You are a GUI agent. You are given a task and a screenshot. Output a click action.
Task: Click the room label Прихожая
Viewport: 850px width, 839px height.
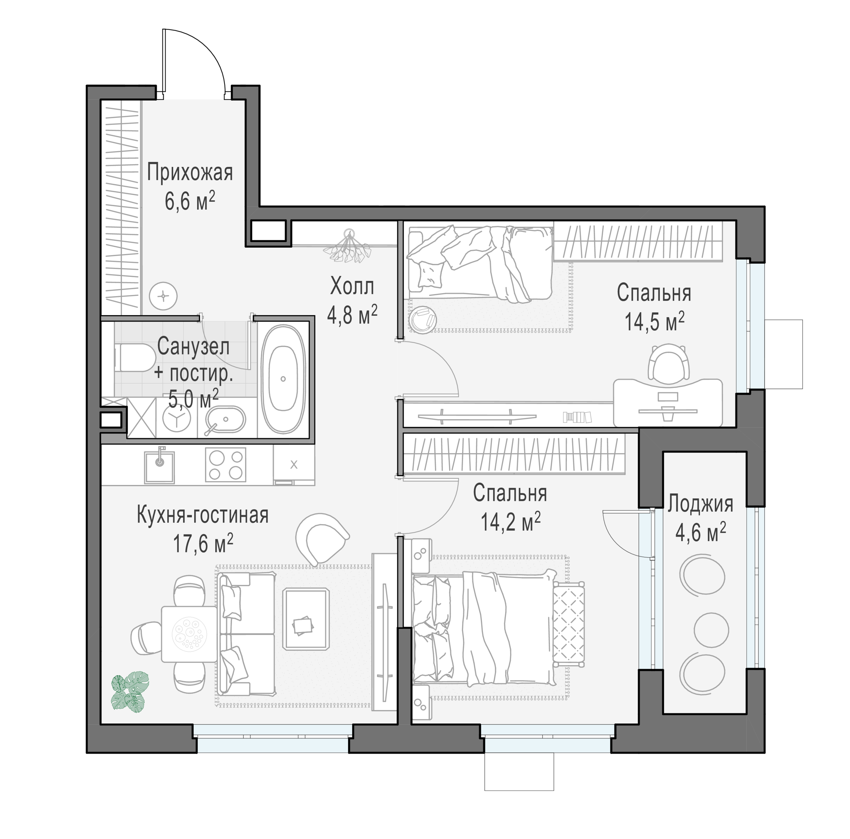click(190, 172)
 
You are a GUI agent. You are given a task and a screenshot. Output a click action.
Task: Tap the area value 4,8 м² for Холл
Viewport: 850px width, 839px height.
click(352, 315)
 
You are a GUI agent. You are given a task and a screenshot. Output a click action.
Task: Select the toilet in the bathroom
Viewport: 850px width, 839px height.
click(132, 357)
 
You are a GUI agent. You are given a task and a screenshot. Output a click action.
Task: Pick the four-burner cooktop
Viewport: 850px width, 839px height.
click(226, 464)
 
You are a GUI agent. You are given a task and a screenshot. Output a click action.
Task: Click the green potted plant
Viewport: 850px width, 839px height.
click(130, 692)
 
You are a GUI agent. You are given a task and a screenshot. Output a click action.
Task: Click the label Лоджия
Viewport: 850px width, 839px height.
click(700, 504)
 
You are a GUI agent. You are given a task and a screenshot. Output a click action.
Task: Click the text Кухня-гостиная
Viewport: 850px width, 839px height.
click(203, 515)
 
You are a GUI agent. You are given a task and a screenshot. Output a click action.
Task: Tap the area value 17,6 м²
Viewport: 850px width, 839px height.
click(203, 543)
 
